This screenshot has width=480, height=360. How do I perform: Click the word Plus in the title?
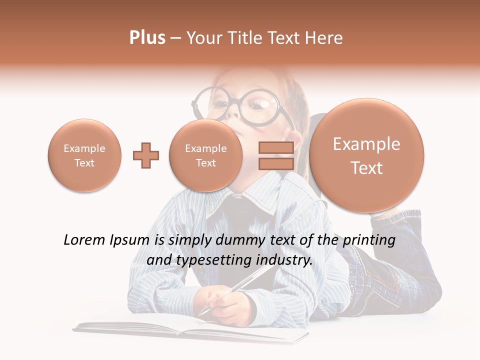(x=147, y=38)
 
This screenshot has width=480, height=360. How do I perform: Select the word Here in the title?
(x=325, y=38)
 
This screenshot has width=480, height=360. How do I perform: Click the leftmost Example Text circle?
(x=84, y=155)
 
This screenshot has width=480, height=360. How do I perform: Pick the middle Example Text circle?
(x=205, y=155)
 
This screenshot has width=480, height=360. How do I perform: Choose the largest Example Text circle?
(x=366, y=155)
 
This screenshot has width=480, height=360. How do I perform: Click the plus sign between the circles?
(x=146, y=155)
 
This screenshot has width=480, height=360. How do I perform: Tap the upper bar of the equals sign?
(x=275, y=147)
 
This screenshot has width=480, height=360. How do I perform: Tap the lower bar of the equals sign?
(x=275, y=164)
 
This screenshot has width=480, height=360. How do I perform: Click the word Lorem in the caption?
(x=84, y=240)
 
